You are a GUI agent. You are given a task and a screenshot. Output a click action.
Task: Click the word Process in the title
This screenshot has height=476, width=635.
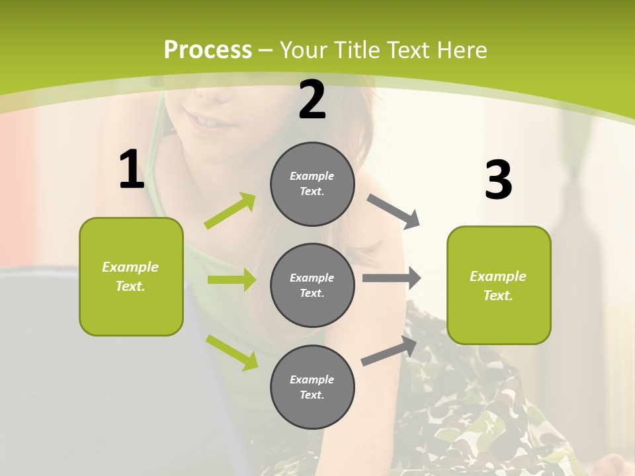coord(208,50)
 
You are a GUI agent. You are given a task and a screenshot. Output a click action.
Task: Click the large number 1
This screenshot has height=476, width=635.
coord(132,170)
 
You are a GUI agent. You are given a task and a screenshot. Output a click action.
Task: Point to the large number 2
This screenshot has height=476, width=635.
coord(312,100)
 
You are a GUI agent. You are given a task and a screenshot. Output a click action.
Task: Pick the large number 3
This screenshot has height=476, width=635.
coord(498,180)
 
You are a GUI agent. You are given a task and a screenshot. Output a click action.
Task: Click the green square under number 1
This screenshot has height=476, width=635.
coord(131,276)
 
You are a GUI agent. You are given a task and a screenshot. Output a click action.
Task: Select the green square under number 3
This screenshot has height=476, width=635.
coord(499,286)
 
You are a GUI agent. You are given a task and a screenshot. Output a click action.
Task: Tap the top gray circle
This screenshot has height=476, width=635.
coord(312,184)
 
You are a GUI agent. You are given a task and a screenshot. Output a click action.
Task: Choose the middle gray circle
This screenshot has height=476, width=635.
coord(312,286)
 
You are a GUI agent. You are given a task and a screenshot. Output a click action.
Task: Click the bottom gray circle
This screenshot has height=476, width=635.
coord(312,387)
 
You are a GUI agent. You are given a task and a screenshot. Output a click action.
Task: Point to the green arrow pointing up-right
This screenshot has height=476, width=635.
coord(231,211)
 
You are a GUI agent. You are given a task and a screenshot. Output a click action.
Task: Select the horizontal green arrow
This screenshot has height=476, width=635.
coord(232,280)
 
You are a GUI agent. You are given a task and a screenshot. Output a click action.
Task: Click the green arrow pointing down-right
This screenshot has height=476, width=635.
coord(232,352)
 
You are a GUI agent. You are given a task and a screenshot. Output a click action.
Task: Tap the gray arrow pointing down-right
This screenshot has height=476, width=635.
coord(394,212)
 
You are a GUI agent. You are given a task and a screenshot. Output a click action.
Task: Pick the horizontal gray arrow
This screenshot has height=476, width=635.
coord(392,278)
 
